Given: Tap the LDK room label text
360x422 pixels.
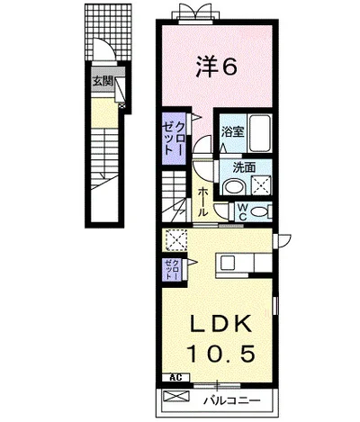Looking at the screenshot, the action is pyautogui.click(x=221, y=323).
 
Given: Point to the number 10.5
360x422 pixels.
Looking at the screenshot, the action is pyautogui.click(x=221, y=353).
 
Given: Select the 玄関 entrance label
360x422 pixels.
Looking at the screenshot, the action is pyautogui.click(x=103, y=81).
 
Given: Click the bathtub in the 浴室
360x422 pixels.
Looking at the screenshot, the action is pyautogui.click(x=260, y=133).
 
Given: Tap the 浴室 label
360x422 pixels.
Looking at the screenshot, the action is pyautogui.click(x=232, y=132).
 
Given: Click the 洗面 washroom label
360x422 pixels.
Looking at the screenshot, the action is pyautogui.click(x=245, y=168).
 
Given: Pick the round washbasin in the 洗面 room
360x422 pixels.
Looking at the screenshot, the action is pyautogui.click(x=234, y=187).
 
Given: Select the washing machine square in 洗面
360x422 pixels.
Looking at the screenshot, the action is pyautogui.click(x=261, y=185).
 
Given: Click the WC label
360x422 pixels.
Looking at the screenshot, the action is pyautogui.click(x=242, y=211).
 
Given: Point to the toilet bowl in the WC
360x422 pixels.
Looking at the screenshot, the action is pyautogui.click(x=259, y=211).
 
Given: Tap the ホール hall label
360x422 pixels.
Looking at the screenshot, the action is pyautogui.click(x=203, y=202).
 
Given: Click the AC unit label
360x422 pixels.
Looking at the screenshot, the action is pyautogui.click(x=175, y=377).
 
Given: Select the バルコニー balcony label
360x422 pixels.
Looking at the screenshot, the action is pyautogui.click(x=232, y=400).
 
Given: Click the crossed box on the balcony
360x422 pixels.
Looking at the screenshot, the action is pyautogui.click(x=176, y=396).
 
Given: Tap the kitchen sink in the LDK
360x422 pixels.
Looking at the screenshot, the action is pyautogui.click(x=230, y=264).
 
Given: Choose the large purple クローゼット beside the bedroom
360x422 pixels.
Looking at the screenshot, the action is pyautogui.click(x=174, y=139).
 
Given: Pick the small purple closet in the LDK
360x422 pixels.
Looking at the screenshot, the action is pyautogui.click(x=172, y=270).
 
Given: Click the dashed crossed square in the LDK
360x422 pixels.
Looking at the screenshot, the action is pyautogui.click(x=176, y=240).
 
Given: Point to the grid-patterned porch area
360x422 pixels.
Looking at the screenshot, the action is pyautogui.click(x=108, y=31).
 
